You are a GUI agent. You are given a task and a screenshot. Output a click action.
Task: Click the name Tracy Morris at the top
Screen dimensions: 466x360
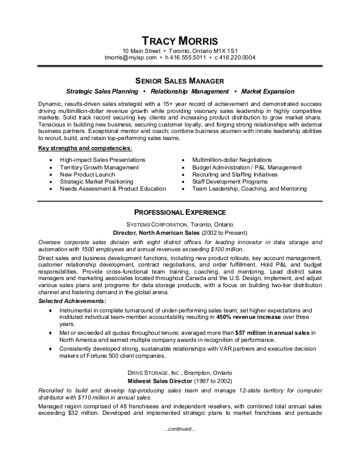180,41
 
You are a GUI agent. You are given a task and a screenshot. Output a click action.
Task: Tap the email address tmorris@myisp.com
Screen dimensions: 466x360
131,58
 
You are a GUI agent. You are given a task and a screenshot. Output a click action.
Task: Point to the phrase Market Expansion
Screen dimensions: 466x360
268,92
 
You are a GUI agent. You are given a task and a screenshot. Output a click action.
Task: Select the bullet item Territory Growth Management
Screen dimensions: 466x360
99,167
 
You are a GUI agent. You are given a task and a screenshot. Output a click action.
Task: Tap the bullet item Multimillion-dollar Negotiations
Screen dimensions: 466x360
232,160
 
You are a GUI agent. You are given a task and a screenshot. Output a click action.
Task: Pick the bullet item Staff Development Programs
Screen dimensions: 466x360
229,182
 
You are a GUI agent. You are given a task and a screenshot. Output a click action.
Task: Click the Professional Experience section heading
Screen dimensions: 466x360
180,212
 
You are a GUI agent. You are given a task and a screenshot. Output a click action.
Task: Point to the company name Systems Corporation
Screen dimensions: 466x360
156,225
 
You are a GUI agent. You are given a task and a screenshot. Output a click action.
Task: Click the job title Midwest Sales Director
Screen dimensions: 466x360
156,382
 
